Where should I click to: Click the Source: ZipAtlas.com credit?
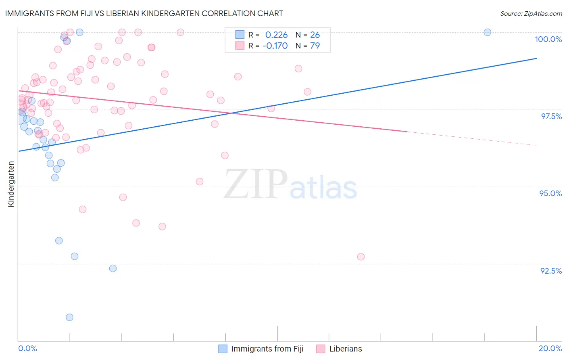531,14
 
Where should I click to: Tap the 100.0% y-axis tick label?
548,39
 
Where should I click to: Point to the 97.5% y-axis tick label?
551,116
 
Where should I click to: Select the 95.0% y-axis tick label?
550,193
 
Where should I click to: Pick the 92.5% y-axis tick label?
551,271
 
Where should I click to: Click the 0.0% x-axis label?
27,348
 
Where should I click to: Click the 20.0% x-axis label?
550,348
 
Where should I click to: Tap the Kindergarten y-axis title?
11,184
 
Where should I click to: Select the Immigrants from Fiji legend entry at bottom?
267,349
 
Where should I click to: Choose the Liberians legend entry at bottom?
345,349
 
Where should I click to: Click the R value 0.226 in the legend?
276,35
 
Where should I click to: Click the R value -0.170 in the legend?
275,46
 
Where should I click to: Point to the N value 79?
315,46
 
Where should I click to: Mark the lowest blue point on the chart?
69,317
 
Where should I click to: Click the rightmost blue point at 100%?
487,32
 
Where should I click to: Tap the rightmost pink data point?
361,257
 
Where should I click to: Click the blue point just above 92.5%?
113,268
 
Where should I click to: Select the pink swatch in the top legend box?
240,46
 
